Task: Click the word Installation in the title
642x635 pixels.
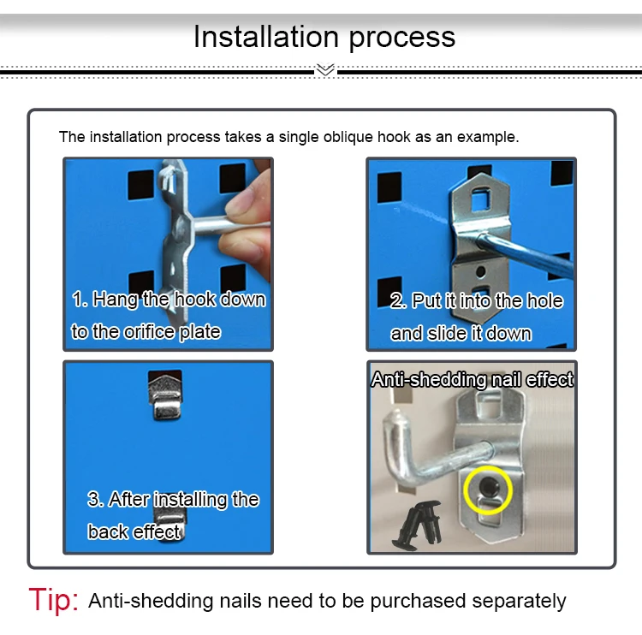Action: pyautogui.click(x=266, y=37)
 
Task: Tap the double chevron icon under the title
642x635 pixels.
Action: pyautogui.click(x=325, y=70)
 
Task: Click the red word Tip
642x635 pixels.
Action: pyautogui.click(x=53, y=600)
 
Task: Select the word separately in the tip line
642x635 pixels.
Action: pyautogui.click(x=519, y=601)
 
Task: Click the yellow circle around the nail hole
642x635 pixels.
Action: pyautogui.click(x=488, y=490)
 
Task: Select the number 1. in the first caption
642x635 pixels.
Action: pyautogui.click(x=80, y=300)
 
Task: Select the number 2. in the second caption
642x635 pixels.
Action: pyautogui.click(x=398, y=301)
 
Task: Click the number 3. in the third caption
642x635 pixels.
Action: pyautogui.click(x=96, y=499)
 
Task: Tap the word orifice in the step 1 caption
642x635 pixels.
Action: pyautogui.click(x=151, y=331)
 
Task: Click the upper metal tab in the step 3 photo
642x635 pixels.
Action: pyautogui.click(x=165, y=396)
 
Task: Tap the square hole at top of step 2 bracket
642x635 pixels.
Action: pyautogui.click(x=481, y=199)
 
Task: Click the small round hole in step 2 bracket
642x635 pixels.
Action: pyautogui.click(x=481, y=271)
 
